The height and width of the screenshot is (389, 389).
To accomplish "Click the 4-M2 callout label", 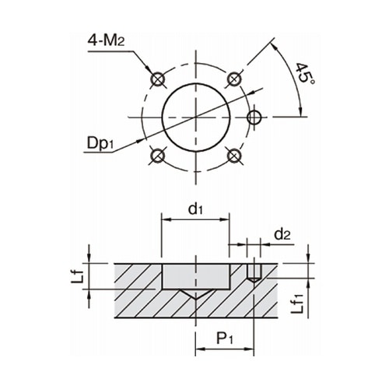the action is click(106, 40).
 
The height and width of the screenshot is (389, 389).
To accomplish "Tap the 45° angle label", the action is click(305, 73).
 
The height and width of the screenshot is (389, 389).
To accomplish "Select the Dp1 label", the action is click(100, 143).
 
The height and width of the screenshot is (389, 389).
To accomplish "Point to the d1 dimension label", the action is click(195, 209).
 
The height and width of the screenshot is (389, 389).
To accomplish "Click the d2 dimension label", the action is click(282, 234).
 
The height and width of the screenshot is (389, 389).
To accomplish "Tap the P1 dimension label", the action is click(225, 338).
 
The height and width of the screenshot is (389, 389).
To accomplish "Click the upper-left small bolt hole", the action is click(158, 79).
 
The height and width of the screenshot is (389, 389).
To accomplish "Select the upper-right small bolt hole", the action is click(234, 79).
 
